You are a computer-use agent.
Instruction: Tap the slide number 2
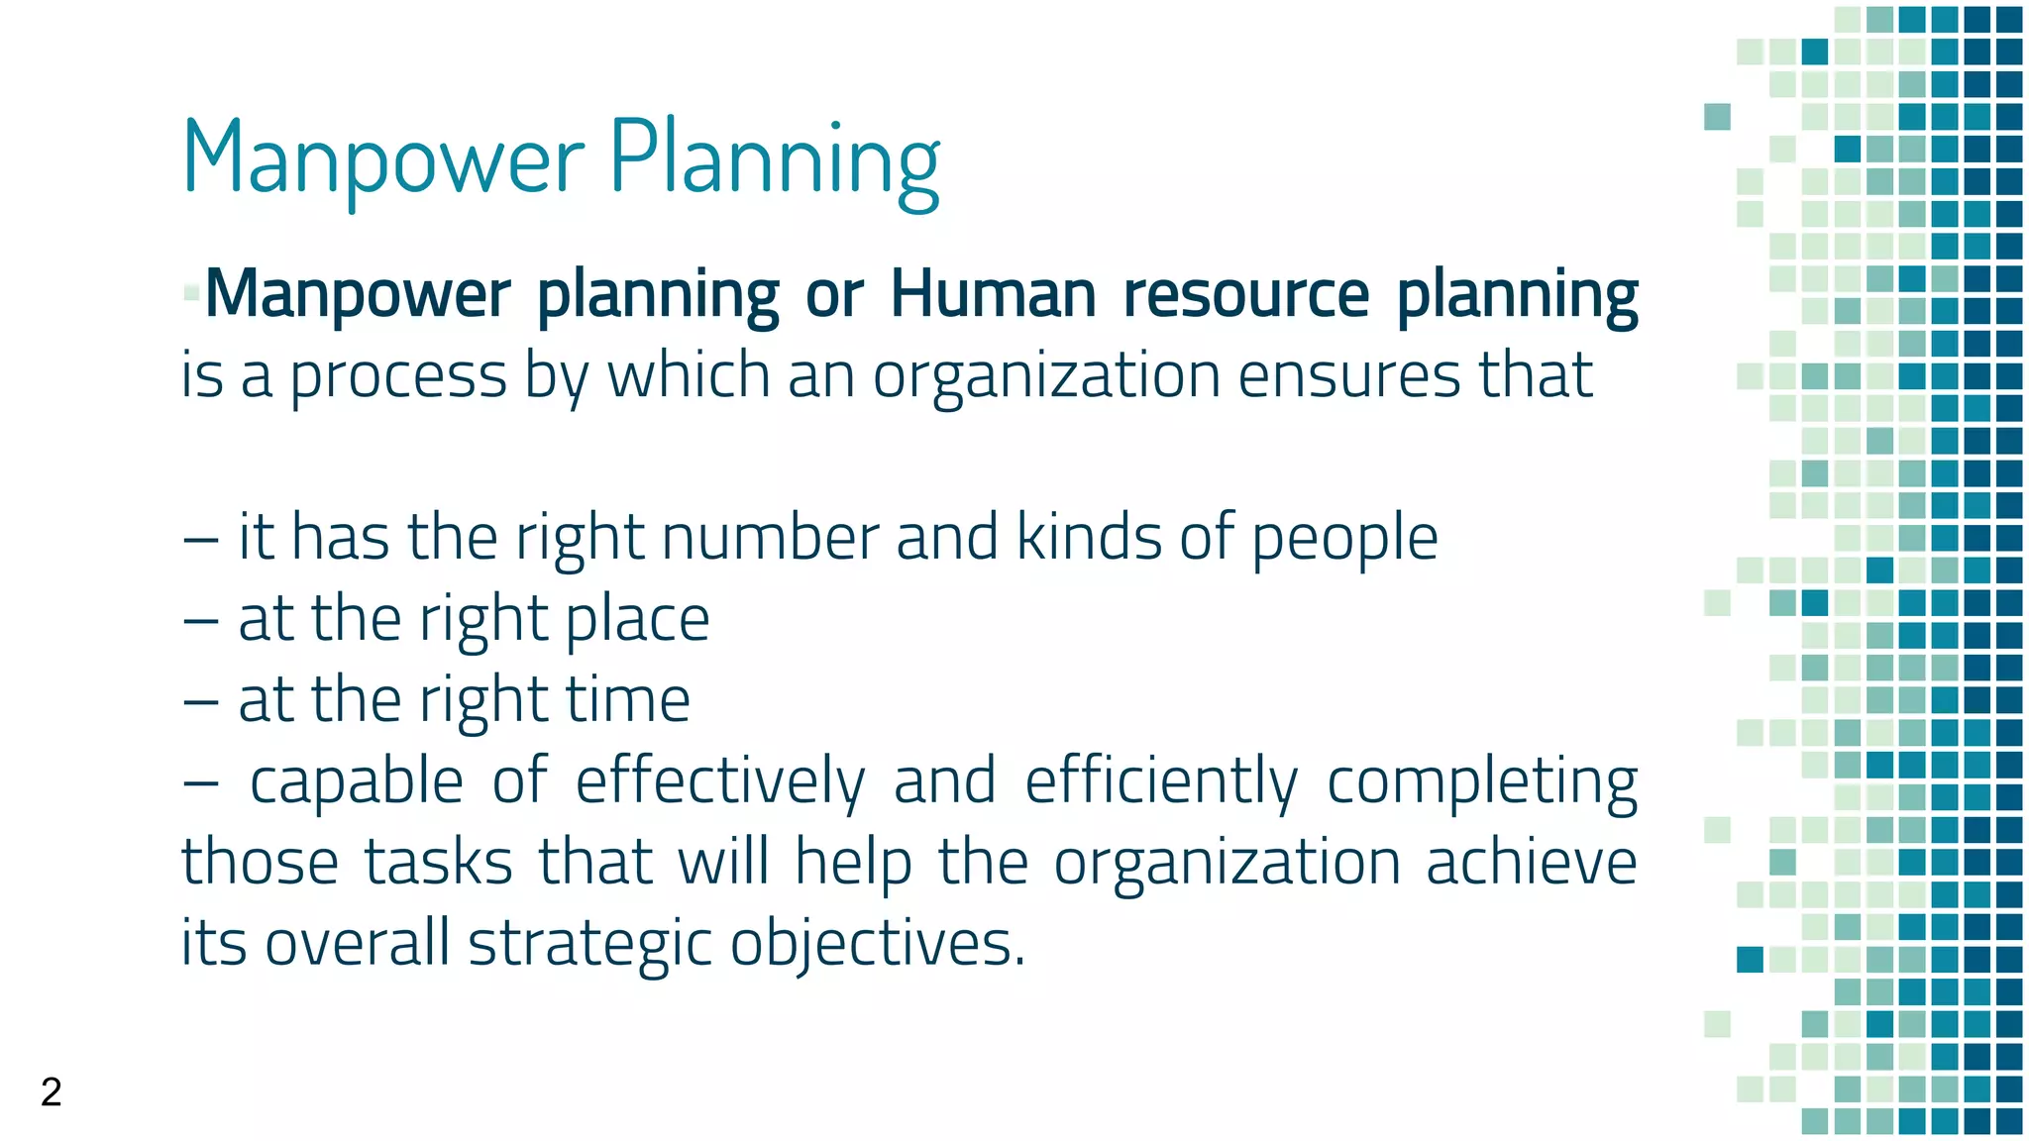(x=52, y=1091)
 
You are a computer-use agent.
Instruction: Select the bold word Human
(x=993, y=295)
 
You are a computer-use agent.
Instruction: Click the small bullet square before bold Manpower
(x=191, y=293)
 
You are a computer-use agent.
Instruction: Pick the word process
(x=398, y=376)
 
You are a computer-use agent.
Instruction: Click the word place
(x=637, y=620)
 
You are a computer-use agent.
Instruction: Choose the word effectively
(x=719, y=781)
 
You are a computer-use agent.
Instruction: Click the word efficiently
(x=1160, y=781)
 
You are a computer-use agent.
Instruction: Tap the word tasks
(x=437, y=862)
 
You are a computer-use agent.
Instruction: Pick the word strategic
(x=589, y=944)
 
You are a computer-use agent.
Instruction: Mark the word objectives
(x=877, y=944)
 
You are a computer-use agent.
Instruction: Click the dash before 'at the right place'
(x=200, y=620)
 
